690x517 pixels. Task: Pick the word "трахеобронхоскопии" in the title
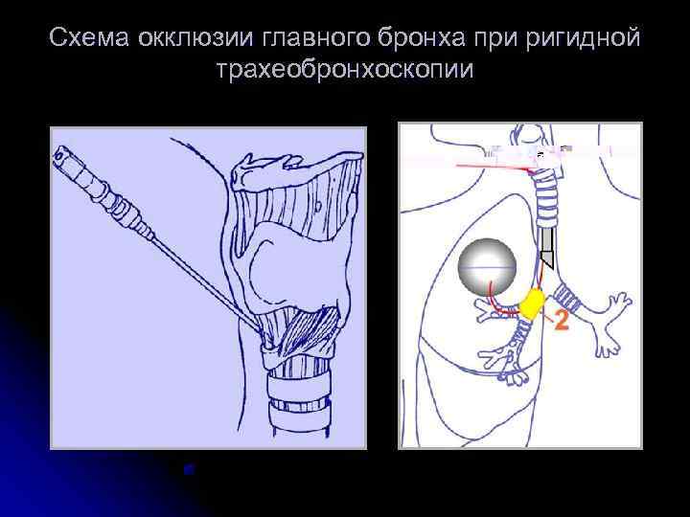[x=345, y=71]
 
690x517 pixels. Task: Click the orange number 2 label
[x=561, y=321]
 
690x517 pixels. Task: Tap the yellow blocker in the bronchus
[x=531, y=303]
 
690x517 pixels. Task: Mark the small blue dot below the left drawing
[x=190, y=469]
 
